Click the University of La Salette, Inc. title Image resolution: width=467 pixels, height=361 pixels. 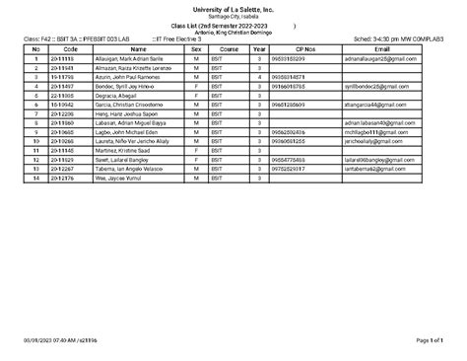pyautogui.click(x=233, y=7)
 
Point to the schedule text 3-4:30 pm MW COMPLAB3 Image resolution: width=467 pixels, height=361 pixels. pyautogui.click(x=403, y=38)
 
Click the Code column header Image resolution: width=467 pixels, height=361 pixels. pyautogui.click(x=70, y=47)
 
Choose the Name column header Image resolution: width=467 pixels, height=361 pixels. pyautogui.click(x=138, y=47)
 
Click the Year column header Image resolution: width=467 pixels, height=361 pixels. pyautogui.click(x=258, y=47)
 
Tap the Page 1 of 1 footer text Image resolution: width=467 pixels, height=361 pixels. pyautogui.click(x=444, y=339)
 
